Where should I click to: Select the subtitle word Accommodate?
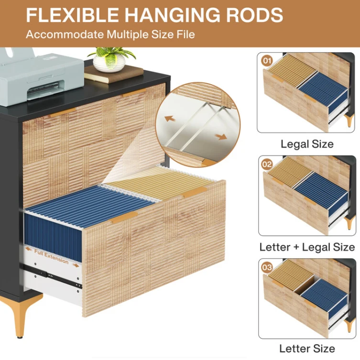pyautogui.click(x=65, y=34)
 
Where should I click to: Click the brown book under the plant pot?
pyautogui.click(x=114, y=74)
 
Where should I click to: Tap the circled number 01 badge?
pyautogui.click(x=267, y=61)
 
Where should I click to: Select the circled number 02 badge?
pyautogui.click(x=267, y=164)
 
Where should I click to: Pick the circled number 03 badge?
pyautogui.click(x=267, y=267)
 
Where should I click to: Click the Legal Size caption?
pyautogui.click(x=307, y=144)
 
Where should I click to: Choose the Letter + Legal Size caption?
pyautogui.click(x=307, y=247)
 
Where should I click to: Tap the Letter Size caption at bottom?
pyautogui.click(x=307, y=349)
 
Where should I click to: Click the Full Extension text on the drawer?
pyautogui.click(x=52, y=257)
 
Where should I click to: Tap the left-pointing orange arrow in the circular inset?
pyautogui.click(x=170, y=119)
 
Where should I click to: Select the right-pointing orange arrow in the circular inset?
pyautogui.click(x=221, y=137)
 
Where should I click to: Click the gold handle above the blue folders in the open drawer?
pyautogui.click(x=124, y=217)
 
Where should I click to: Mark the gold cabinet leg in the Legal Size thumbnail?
pyautogui.click(x=349, y=120)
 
